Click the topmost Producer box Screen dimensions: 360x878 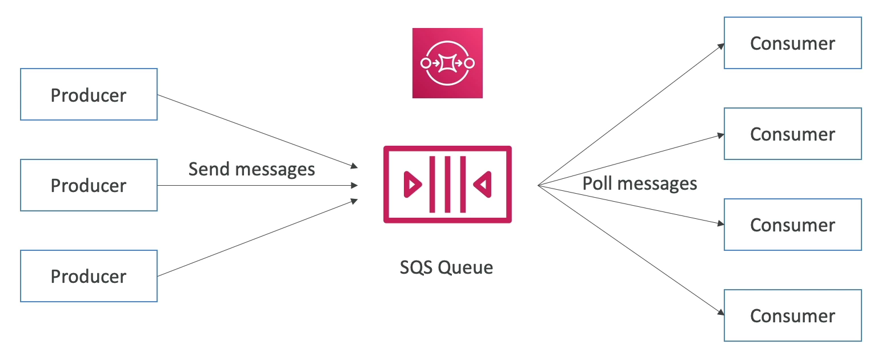89,94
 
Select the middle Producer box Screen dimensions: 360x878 89,185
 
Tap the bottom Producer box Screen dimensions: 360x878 89,276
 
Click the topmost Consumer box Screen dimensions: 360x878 792,43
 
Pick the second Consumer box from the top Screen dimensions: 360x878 792,134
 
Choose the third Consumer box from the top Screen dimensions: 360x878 792,225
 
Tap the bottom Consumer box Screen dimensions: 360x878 792,315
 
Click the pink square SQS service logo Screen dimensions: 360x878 447,63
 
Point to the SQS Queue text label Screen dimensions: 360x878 446,267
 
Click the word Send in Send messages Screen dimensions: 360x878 210,169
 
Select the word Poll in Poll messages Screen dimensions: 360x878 597,183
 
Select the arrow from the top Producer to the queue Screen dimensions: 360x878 257,131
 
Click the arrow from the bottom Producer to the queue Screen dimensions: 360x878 257,238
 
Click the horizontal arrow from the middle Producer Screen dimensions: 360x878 257,185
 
